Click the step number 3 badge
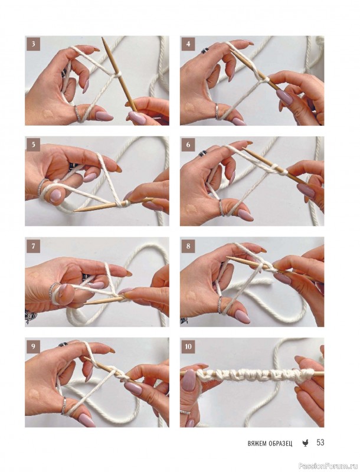tap(33, 44)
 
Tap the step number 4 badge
tap(188, 44)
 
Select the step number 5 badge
tap(33, 145)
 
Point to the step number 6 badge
tap(188, 145)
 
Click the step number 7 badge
tap(33, 246)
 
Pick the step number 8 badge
tap(188, 246)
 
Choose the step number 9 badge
tap(33, 346)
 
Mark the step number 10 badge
tap(188, 346)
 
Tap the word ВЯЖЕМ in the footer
tap(257, 444)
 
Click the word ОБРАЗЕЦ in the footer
tap(280, 444)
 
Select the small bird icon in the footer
tap(305, 443)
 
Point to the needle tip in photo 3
tap(103, 39)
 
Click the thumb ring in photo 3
tap(77, 113)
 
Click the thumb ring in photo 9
tap(64, 405)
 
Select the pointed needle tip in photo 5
tap(76, 210)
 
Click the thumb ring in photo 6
tap(221, 208)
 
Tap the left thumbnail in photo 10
tap(189, 380)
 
